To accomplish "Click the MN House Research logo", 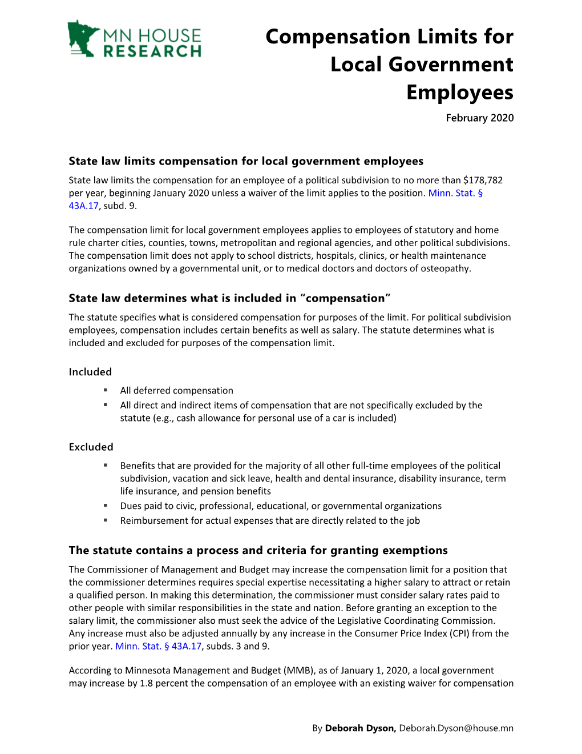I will click(x=135, y=39).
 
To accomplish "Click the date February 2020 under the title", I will click(x=479, y=118).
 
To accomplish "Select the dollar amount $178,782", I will click(x=483, y=181).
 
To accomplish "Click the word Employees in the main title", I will click(x=459, y=93).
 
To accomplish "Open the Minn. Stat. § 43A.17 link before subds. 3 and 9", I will click(x=158, y=647).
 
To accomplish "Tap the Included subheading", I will click(x=90, y=372).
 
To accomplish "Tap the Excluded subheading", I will click(x=91, y=447).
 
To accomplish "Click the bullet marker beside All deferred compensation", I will click(x=106, y=390).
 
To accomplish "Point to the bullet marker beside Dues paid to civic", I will click(x=106, y=506).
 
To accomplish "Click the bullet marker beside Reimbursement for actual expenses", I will click(x=106, y=520).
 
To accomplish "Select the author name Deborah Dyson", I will click(x=360, y=728).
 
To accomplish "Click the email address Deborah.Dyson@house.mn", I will click(x=456, y=728).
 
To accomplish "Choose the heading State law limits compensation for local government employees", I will click(x=246, y=162).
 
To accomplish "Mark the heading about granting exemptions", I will click(x=258, y=551).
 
